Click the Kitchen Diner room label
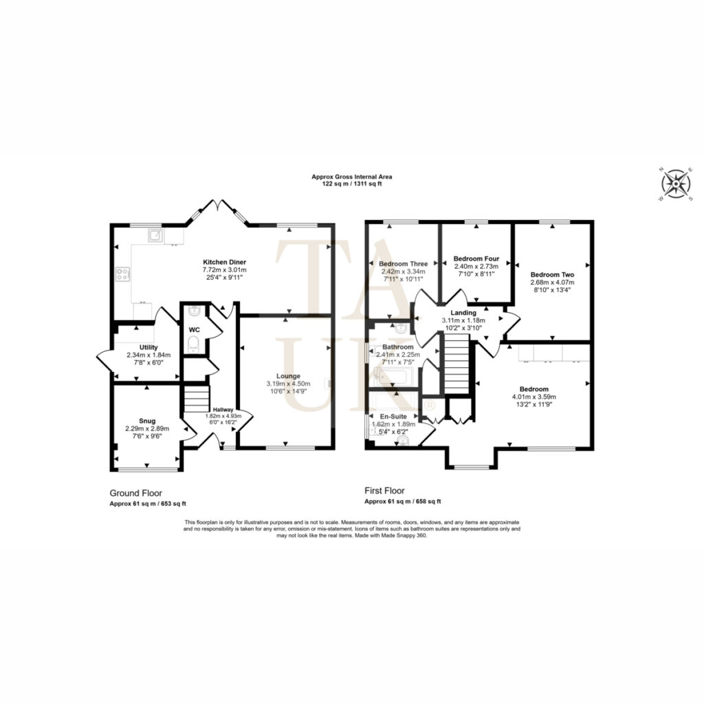[x=225, y=262]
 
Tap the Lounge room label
[x=288, y=376]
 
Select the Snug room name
[x=147, y=421]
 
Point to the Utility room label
[x=148, y=347]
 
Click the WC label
[x=194, y=330]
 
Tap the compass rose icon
[x=676, y=184]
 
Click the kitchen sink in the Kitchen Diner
[x=156, y=235]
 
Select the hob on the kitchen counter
[x=123, y=274]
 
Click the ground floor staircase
[x=197, y=399]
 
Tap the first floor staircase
[x=456, y=367]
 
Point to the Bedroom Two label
[x=552, y=275]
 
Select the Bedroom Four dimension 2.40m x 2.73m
[x=476, y=266]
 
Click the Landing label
[x=463, y=313]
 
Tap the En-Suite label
[x=393, y=417]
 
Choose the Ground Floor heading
[x=136, y=494]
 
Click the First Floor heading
[x=384, y=491]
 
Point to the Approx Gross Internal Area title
[x=352, y=177]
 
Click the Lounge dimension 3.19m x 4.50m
[x=288, y=384]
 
